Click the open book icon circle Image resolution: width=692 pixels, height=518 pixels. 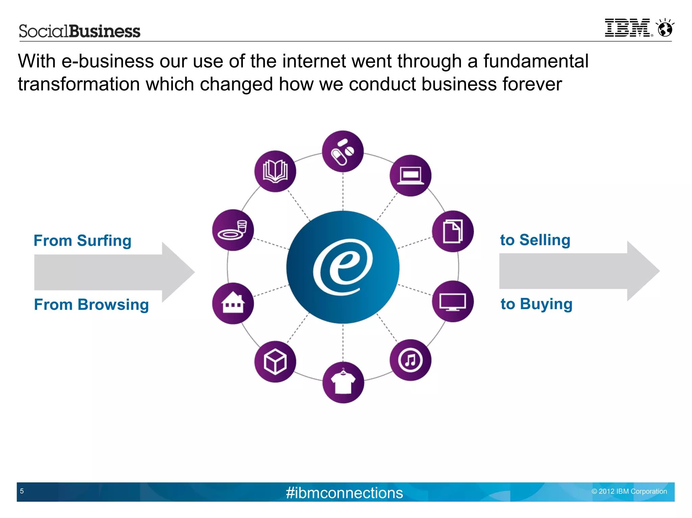[275, 171]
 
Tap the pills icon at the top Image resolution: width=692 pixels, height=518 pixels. [343, 151]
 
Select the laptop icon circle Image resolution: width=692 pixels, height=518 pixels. [410, 175]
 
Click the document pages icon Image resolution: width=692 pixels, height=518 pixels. [452, 231]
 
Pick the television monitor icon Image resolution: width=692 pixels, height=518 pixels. [452, 301]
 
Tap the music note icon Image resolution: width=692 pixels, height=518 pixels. [410, 360]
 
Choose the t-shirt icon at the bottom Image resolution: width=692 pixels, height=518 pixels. [343, 382]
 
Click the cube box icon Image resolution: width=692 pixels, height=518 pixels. [275, 362]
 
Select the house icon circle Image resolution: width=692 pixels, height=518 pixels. [233, 303]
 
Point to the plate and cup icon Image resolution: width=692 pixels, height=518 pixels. [233, 230]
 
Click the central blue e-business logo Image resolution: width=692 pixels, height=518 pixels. [343, 267]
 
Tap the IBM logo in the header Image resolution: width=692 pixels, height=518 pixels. [628, 28]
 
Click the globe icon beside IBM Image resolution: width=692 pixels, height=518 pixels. [665, 28]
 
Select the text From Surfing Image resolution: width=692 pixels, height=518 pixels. [82, 241]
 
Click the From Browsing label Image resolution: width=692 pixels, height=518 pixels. [91, 304]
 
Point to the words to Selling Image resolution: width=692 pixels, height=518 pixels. [535, 240]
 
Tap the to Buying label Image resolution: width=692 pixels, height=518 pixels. [537, 304]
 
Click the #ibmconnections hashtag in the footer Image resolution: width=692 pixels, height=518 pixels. [344, 493]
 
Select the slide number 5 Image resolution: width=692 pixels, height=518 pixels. [22, 491]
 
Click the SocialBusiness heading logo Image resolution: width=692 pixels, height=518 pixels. [79, 31]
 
